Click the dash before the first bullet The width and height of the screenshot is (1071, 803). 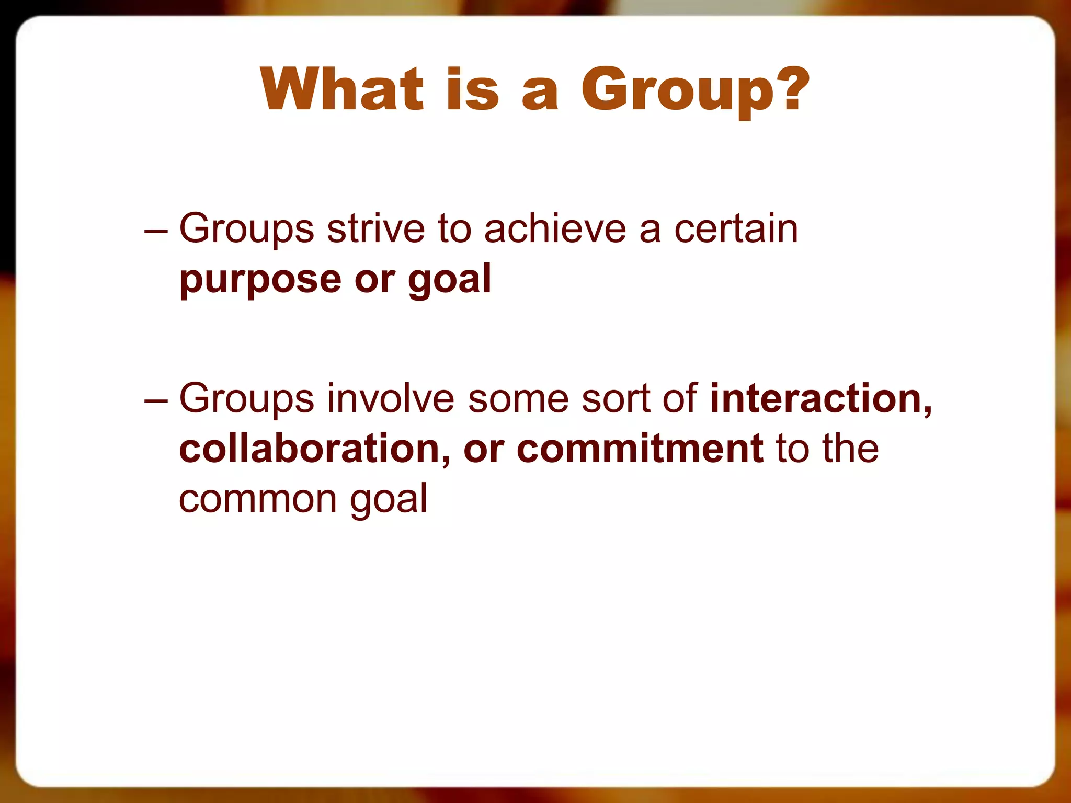point(156,230)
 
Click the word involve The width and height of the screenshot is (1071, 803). point(391,398)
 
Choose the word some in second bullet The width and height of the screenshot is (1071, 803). point(518,398)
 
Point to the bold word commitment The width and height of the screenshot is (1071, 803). point(640,449)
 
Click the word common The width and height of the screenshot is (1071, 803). point(257,499)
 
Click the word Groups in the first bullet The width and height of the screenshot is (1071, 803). point(246,230)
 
